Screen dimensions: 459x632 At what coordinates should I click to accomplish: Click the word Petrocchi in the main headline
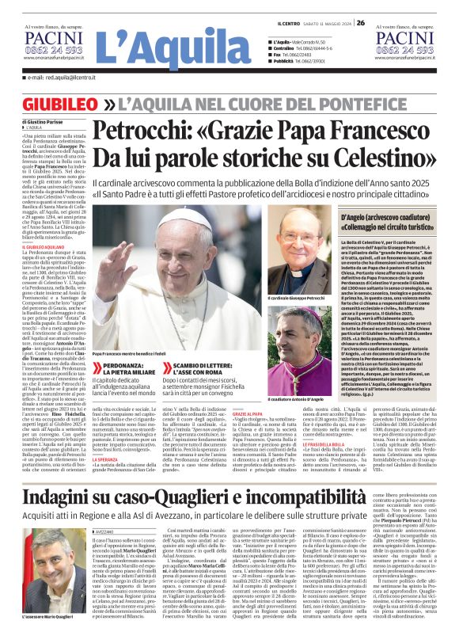[x=167, y=130]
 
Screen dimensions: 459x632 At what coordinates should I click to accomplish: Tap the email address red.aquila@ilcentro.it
[x=60, y=78]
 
